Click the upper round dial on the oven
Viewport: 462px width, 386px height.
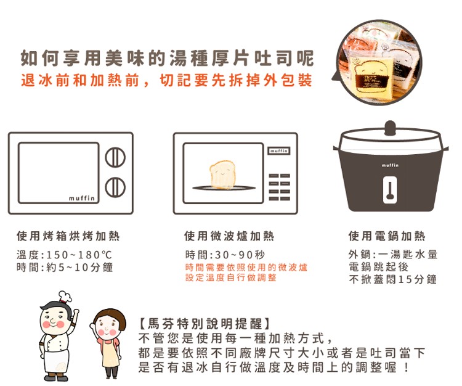coord(115,157)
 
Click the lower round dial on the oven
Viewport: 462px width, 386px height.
coord(115,187)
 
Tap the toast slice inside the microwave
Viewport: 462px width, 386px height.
coord(223,175)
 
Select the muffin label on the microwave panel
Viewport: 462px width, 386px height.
coord(278,151)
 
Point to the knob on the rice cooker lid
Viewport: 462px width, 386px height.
coord(390,128)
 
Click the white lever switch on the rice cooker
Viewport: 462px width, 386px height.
coord(390,190)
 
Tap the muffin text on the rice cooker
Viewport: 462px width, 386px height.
coord(390,165)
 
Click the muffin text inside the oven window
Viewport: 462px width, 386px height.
coord(81,198)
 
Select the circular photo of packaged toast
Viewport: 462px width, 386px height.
coord(380,63)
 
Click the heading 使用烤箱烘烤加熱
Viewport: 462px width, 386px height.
coord(68,236)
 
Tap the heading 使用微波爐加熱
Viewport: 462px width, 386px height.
coord(229,236)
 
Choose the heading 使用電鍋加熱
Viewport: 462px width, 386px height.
coord(387,236)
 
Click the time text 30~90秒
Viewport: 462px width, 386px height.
coord(240,255)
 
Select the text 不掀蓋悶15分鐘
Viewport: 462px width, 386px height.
coord(393,279)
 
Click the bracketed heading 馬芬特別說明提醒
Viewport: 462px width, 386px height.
coord(204,324)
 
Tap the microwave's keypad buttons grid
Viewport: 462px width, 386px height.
coord(279,187)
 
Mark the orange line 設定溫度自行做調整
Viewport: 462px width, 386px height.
coord(231,277)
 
